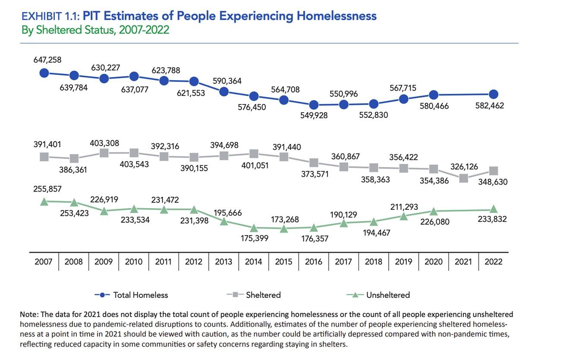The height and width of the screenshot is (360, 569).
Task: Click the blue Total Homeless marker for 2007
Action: click(44, 73)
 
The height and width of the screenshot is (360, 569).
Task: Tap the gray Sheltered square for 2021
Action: click(464, 178)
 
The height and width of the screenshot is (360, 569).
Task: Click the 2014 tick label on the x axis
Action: click(254, 262)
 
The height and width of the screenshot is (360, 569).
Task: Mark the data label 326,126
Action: click(464, 166)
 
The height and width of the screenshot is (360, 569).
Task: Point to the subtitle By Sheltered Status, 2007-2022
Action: click(94, 30)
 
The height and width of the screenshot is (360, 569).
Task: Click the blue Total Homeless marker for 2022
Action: click(494, 94)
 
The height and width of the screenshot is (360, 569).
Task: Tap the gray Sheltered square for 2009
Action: click(104, 153)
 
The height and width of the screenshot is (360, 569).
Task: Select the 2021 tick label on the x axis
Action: click(463, 262)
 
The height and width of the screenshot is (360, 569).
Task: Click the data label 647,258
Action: click(47, 60)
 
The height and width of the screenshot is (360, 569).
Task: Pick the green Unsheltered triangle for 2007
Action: click(44, 201)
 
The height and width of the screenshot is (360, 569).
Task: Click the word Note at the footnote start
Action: click(29, 315)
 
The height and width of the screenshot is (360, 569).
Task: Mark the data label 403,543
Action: click(134, 164)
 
